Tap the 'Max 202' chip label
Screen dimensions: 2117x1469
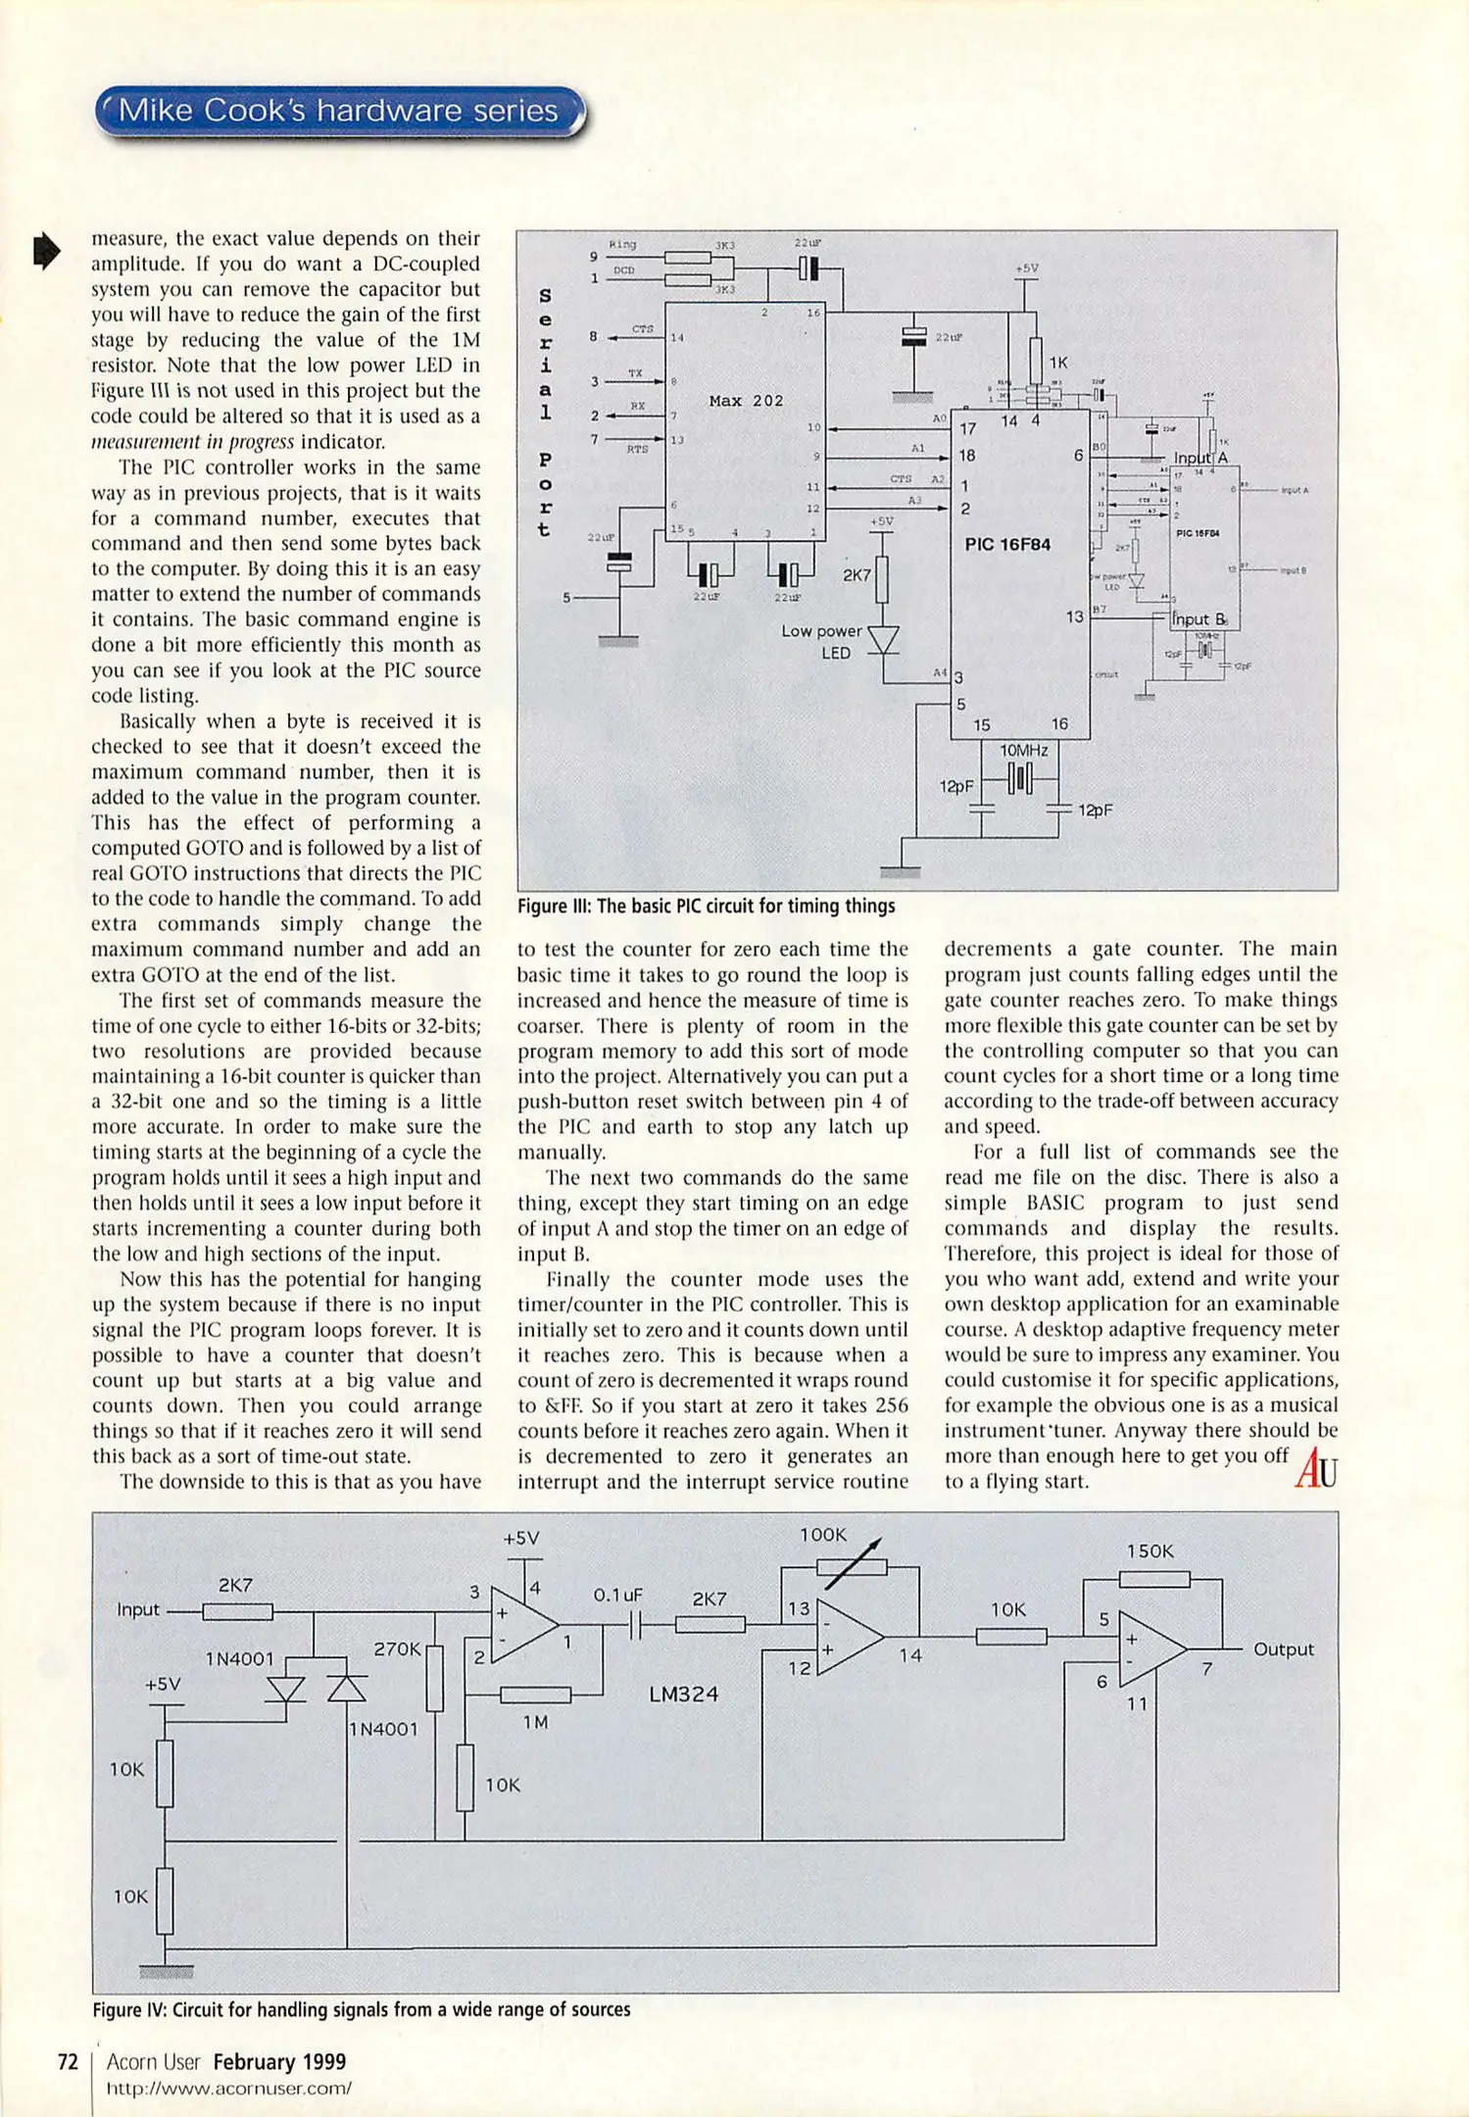pos(746,401)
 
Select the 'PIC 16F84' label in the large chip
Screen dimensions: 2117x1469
pos(1007,544)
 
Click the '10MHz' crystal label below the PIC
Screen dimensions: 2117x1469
pos(1023,751)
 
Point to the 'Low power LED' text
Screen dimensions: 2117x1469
pos(822,642)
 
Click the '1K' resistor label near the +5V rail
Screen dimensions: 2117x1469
pos(1058,363)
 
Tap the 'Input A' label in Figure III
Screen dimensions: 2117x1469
pos(1200,458)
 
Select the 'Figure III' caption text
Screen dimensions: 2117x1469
pos(706,906)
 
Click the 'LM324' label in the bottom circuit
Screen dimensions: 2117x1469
pos(684,1694)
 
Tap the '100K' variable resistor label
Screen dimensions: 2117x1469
pos(822,1535)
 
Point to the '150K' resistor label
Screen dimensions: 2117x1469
pos(1150,1551)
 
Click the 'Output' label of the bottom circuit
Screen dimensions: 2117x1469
pos(1283,1649)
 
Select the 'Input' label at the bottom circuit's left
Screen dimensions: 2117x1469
pos(138,1609)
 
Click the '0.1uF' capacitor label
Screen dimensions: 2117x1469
pos(617,1595)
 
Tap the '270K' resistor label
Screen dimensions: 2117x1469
pos(397,1649)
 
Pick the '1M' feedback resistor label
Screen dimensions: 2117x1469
pos(535,1722)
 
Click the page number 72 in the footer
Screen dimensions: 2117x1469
pos(68,2062)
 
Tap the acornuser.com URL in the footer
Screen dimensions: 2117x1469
pos(228,2088)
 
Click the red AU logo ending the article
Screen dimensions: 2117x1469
pos(1315,1469)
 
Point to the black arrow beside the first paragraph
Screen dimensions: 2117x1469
pos(46,251)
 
